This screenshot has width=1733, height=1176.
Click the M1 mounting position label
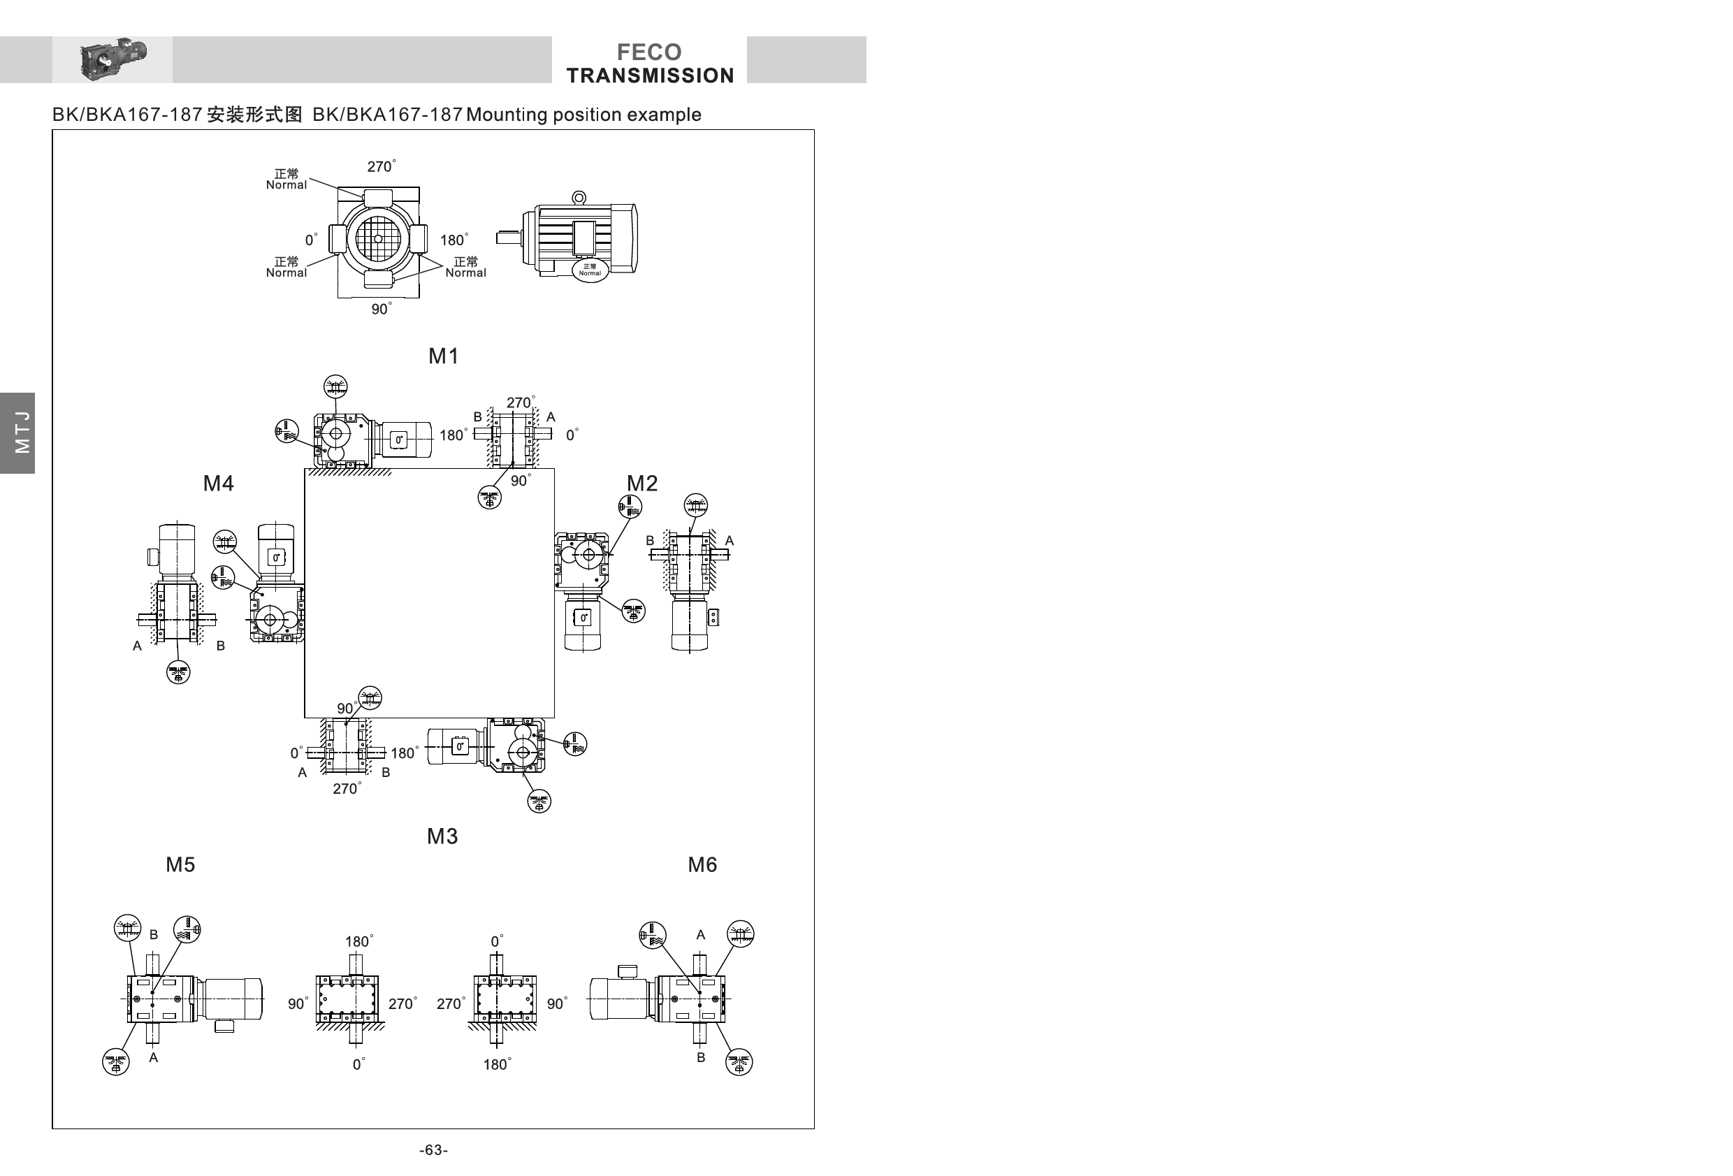tap(443, 356)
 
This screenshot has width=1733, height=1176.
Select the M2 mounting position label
tap(641, 484)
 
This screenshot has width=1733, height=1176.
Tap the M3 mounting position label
tap(442, 836)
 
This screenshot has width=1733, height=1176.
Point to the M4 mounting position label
tap(218, 484)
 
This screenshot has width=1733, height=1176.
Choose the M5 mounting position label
tap(180, 864)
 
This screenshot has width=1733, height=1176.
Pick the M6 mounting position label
tap(702, 864)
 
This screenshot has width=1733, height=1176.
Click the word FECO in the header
tap(648, 52)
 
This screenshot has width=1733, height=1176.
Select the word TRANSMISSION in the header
tap(649, 75)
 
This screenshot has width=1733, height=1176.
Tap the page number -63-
tap(433, 1150)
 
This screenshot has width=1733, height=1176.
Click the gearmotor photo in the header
tap(113, 59)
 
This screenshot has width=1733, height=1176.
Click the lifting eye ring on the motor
tap(579, 198)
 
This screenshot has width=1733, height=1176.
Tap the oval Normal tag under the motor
tap(590, 270)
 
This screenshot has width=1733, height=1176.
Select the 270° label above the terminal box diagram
tap(380, 166)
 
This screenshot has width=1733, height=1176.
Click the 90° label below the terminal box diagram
tap(380, 309)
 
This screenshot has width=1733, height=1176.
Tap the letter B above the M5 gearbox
tap(154, 934)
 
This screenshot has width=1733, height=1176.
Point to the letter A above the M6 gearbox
tap(700, 934)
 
